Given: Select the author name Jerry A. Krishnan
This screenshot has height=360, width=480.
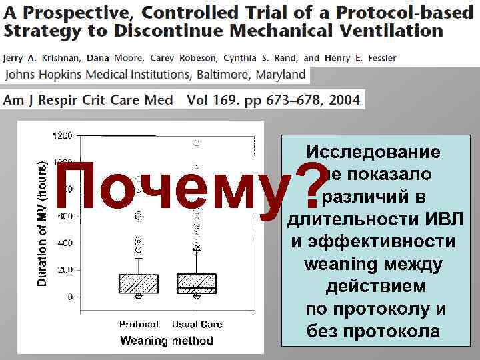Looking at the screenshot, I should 41,58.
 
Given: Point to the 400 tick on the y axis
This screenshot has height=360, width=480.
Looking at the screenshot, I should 65,243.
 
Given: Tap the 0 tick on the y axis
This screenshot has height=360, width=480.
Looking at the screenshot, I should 69,297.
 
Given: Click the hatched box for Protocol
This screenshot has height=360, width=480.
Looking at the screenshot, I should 139,283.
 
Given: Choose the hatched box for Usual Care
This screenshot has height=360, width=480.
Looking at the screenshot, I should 197,283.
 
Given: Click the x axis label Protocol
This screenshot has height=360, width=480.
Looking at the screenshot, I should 139,325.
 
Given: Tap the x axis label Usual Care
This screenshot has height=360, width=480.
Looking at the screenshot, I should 197,325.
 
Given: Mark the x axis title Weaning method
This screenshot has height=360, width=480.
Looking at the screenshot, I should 166,341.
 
